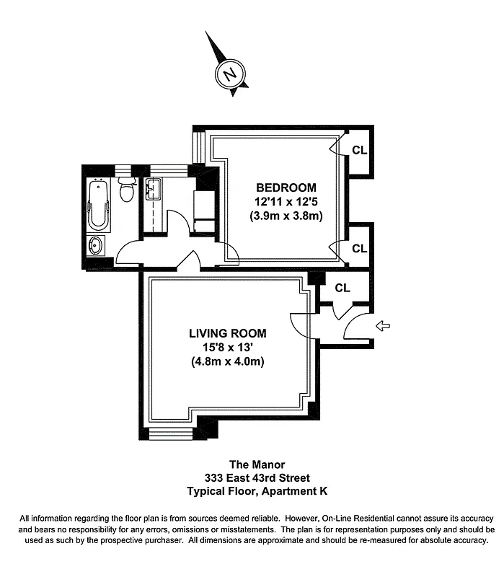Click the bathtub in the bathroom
tap(97, 203)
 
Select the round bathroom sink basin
tap(97, 245)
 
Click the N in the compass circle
tap(229, 74)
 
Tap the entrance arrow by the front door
tap(384, 327)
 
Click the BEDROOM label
tap(285, 188)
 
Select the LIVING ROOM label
tap(227, 333)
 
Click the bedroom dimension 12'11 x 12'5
tap(285, 202)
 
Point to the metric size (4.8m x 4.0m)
tap(227, 361)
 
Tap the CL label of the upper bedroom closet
tap(360, 151)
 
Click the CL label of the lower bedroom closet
tap(360, 249)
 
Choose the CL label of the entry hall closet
tap(342, 288)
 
